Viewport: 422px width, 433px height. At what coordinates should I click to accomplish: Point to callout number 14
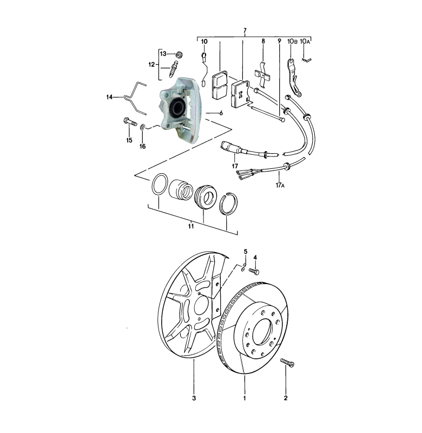click(110, 97)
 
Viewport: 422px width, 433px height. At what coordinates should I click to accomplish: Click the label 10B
click(292, 41)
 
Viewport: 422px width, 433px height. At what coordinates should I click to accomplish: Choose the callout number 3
click(194, 400)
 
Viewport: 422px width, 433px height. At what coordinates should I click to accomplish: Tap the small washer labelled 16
click(142, 128)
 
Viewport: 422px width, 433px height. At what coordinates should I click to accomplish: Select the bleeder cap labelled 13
click(180, 54)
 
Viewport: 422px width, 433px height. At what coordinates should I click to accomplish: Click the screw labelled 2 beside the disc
click(286, 363)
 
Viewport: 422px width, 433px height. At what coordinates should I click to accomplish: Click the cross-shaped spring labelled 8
click(262, 73)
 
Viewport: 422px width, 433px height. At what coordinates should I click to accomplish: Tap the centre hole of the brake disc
click(263, 330)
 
